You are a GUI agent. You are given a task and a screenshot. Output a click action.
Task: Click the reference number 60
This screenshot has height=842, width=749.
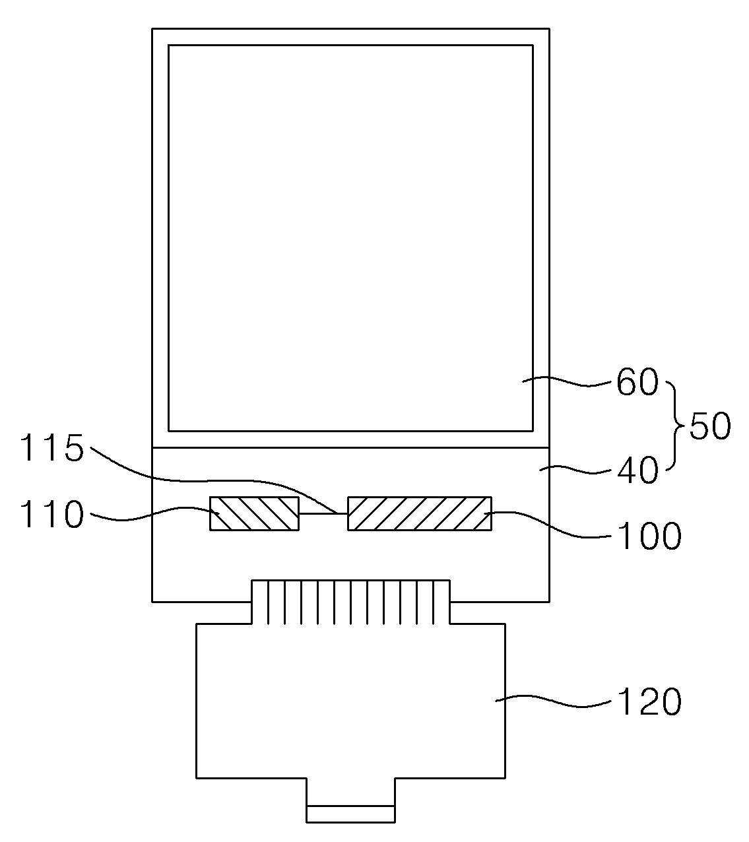pos(637,382)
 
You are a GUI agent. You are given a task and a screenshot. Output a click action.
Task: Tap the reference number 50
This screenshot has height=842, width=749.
pos(710,427)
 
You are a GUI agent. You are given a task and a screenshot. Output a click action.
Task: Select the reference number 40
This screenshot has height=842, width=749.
pos(637,470)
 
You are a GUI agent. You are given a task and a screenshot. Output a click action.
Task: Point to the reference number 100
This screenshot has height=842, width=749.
pos(649,537)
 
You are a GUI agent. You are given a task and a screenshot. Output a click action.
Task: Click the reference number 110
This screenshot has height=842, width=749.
pos(52,515)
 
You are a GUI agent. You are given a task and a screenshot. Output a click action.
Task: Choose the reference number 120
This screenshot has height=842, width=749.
pos(649,702)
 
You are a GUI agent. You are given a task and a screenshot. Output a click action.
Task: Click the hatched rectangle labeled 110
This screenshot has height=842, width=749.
pos(254,513)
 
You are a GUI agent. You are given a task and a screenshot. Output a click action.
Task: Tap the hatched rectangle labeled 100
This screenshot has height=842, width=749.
pos(419,513)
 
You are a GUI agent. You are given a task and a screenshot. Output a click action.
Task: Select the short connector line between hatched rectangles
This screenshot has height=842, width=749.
pos(323,513)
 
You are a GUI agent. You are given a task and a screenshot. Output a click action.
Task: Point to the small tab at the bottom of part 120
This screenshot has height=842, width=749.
pos(350,814)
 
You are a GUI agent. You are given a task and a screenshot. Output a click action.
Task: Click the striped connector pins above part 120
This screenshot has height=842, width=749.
pos(350,602)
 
